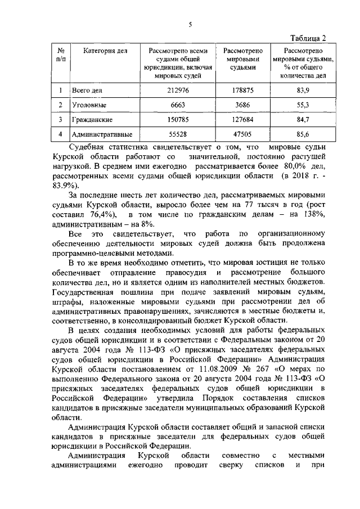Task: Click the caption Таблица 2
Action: coord(308,38)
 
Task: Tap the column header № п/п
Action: coord(60,55)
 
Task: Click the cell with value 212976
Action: coord(180,89)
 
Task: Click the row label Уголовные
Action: coord(87,105)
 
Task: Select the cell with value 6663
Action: coord(180,105)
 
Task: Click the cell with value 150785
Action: coord(180,120)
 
